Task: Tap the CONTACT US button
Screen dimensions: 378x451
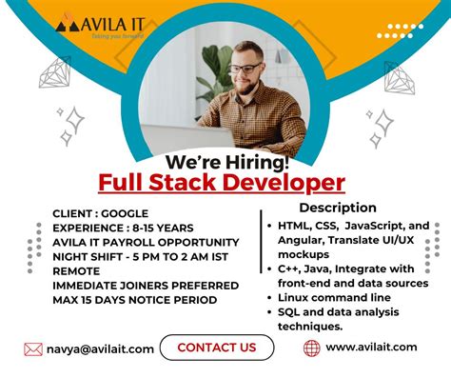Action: [x=216, y=348]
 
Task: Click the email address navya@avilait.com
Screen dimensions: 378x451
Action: [x=100, y=348]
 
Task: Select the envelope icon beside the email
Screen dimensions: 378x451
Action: [x=33, y=348]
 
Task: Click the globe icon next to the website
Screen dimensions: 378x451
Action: [x=311, y=348]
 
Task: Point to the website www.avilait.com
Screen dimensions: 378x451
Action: [x=371, y=348]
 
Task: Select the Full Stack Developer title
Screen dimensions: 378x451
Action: [x=222, y=182]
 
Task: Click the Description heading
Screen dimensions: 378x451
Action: [x=338, y=208]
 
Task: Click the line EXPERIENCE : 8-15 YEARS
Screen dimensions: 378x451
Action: [x=124, y=228]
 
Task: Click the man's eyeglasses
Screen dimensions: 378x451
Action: [x=245, y=69]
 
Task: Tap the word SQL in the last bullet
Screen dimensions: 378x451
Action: [x=291, y=312]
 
